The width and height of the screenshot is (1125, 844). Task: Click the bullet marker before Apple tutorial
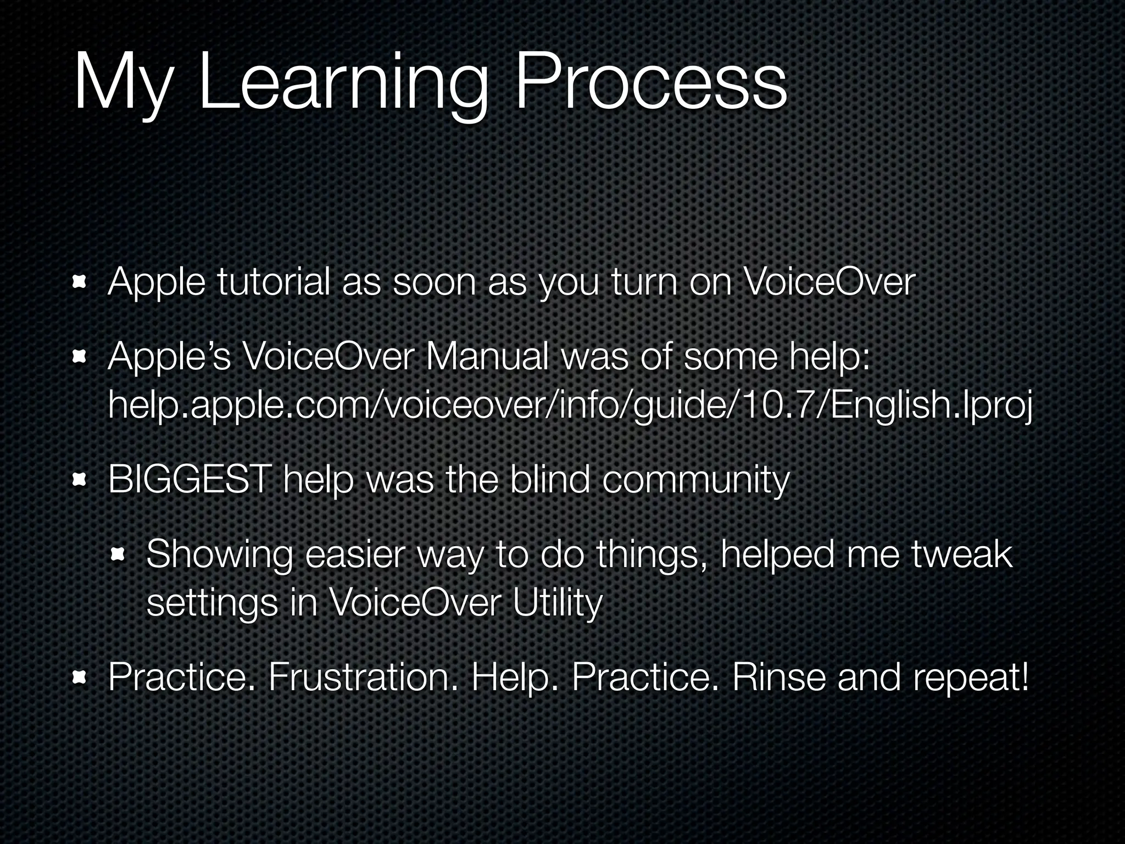(x=79, y=283)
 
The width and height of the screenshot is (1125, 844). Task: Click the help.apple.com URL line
(x=570, y=406)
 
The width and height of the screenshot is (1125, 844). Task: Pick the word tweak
(x=962, y=554)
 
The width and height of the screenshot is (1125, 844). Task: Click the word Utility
(x=557, y=603)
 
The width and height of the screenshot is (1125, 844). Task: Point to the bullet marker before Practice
(x=79, y=678)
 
